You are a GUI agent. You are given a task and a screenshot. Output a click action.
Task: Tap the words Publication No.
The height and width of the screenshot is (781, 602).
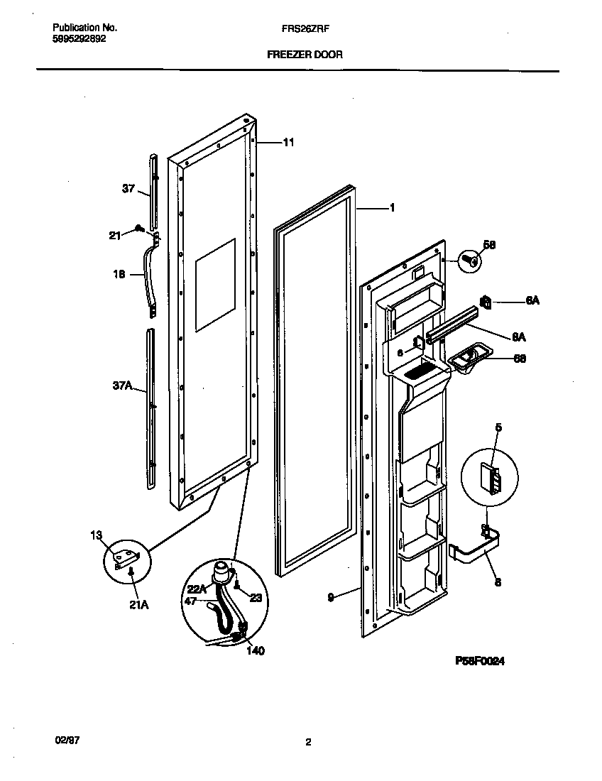(x=84, y=28)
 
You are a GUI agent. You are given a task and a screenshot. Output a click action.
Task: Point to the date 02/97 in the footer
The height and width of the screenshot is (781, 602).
(x=67, y=739)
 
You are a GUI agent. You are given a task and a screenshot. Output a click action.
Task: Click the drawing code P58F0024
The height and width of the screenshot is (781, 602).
(x=480, y=660)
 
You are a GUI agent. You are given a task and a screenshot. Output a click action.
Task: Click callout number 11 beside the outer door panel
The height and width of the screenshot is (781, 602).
(x=288, y=142)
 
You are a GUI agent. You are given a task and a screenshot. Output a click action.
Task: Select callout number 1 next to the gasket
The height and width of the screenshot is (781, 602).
(x=391, y=208)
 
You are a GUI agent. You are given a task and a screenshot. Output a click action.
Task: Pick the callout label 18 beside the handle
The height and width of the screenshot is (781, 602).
(x=119, y=273)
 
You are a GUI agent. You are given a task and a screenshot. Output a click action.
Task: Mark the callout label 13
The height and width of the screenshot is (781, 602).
(x=97, y=535)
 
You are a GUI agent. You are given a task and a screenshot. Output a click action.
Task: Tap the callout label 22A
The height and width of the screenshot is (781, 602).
(x=197, y=588)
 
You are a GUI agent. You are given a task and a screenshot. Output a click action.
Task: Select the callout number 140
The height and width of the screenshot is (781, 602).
(x=255, y=650)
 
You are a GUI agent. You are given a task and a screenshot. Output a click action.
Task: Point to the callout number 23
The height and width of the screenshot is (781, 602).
(x=256, y=598)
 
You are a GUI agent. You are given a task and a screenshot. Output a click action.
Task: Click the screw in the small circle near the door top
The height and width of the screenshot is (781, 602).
(x=468, y=261)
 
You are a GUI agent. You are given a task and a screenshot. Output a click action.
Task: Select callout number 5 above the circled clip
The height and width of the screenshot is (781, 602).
(x=498, y=427)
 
